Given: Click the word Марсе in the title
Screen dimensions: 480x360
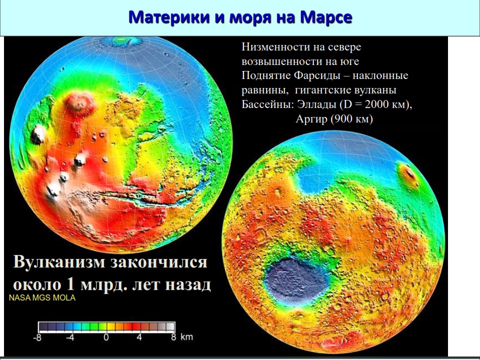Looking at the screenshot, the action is (x=325, y=17).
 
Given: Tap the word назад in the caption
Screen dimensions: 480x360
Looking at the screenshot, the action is (x=188, y=284).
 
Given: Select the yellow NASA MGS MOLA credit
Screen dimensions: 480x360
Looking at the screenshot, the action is (x=42, y=298).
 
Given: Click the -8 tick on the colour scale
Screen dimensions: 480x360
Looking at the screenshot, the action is (x=37, y=337).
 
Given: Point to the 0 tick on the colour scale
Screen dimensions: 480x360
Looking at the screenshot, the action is (x=106, y=337).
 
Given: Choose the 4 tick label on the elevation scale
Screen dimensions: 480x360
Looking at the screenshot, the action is (x=139, y=337).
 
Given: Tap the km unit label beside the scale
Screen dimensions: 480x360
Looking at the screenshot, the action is (x=186, y=337).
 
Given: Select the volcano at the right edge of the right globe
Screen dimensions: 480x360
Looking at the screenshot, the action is (x=408, y=174).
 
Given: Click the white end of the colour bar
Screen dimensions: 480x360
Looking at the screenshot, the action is (x=170, y=326).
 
